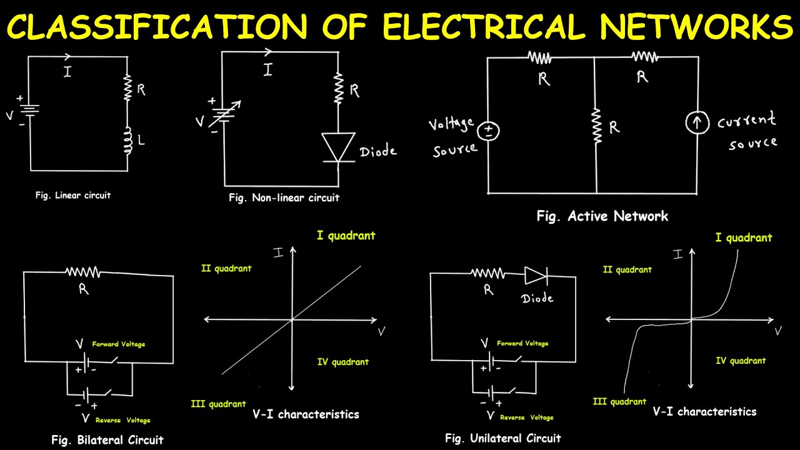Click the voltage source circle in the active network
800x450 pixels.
coord(488,131)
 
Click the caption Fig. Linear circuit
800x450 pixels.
coord(72,195)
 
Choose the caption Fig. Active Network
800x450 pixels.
coord(602,216)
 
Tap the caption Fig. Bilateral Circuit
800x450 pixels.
coord(107,440)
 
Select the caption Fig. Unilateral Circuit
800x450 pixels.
coord(502,438)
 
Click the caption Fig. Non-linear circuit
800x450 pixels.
coord(284,197)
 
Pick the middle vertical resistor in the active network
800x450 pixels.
coord(596,126)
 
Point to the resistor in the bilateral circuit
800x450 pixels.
coord(82,272)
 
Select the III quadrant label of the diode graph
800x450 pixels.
coord(619,401)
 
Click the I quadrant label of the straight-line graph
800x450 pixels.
coord(346,236)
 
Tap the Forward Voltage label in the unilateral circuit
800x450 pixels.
coord(522,343)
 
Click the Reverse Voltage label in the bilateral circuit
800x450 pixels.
coord(122,420)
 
